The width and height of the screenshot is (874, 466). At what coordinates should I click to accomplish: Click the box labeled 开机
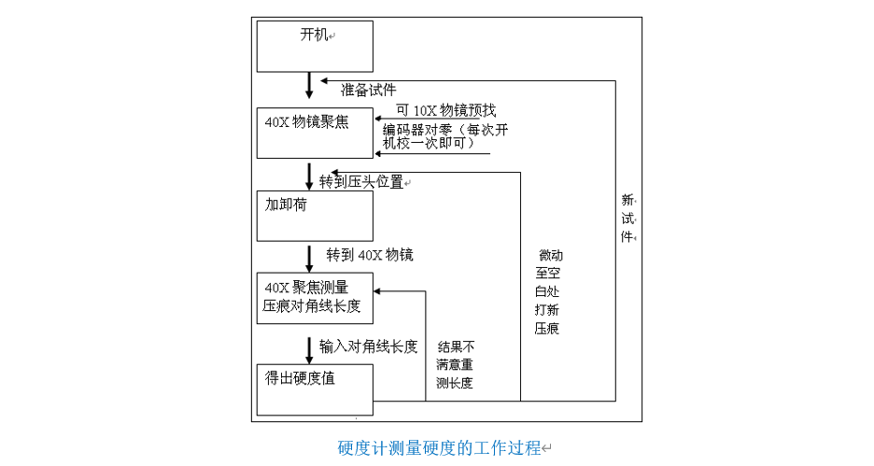315,46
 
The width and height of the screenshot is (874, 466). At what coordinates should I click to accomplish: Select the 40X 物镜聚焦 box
315,134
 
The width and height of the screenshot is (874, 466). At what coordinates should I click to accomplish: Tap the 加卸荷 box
315,217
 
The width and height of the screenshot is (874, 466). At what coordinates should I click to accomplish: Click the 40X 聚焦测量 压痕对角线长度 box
315,298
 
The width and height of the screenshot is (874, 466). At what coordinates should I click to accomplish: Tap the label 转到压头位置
361,182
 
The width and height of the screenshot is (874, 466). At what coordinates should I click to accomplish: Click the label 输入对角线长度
368,346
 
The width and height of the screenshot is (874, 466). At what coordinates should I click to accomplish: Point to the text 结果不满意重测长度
455,364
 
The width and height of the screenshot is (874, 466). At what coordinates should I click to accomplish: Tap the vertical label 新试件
627,218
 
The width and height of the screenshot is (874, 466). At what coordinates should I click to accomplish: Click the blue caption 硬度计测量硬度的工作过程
439,447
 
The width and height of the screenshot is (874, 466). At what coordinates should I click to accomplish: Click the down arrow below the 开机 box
309,86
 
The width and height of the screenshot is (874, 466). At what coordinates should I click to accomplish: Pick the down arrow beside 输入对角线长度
309,349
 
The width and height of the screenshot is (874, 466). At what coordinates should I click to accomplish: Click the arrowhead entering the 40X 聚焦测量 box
379,291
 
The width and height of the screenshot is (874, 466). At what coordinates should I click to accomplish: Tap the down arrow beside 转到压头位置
309,177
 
